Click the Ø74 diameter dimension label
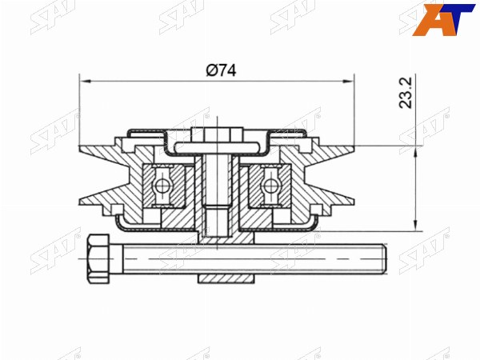[x=221, y=70]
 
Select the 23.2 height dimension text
[x=406, y=93]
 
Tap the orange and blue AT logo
[x=443, y=20]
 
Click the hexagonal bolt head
[x=98, y=258]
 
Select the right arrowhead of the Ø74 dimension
[x=348, y=81]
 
